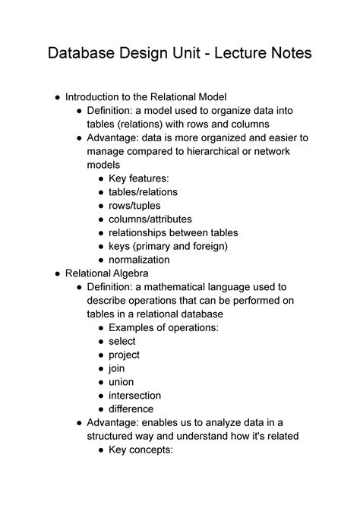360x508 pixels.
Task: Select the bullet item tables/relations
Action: coord(143,192)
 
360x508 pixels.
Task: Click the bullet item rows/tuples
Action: coord(134,206)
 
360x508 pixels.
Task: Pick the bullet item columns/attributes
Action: coord(150,219)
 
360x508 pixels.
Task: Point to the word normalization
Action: coord(139,260)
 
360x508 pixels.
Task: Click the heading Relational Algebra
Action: coord(107,273)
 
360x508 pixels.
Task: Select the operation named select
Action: coord(122,341)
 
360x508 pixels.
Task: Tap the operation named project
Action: coord(125,355)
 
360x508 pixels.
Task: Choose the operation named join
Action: coord(117,368)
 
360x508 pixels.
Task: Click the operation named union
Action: coord(122,382)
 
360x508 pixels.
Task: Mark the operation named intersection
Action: coord(135,396)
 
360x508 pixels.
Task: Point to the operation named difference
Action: coord(132,409)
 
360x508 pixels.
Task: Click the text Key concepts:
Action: coord(141,450)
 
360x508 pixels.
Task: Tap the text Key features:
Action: coord(139,178)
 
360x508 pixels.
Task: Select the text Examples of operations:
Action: coord(163,327)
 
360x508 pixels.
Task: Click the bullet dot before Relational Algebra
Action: coord(58,273)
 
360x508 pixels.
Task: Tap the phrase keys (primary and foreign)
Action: coord(168,246)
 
